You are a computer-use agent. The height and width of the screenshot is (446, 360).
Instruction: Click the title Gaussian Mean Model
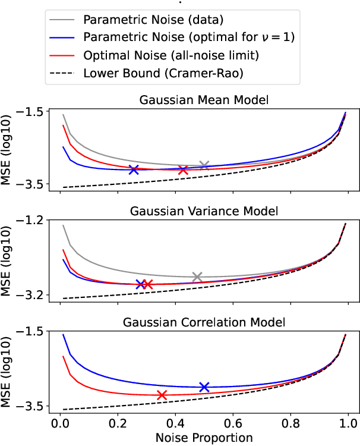[204, 100]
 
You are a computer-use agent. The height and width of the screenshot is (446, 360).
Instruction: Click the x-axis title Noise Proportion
[204, 438]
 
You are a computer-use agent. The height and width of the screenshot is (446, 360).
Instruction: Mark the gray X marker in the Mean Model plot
[204, 165]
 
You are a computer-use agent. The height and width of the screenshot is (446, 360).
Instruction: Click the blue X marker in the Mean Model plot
[134, 169]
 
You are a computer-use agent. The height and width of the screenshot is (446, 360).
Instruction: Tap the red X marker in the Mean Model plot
[183, 170]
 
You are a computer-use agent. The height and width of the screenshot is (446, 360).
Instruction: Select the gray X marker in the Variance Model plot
[197, 277]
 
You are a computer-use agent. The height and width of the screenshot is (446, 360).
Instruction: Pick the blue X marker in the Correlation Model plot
[204, 387]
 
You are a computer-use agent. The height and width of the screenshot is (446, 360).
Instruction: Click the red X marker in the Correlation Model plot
[162, 395]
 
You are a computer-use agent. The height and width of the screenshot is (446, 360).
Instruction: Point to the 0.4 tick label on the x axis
[175, 423]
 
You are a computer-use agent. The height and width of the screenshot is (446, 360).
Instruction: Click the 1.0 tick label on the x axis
[348, 423]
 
